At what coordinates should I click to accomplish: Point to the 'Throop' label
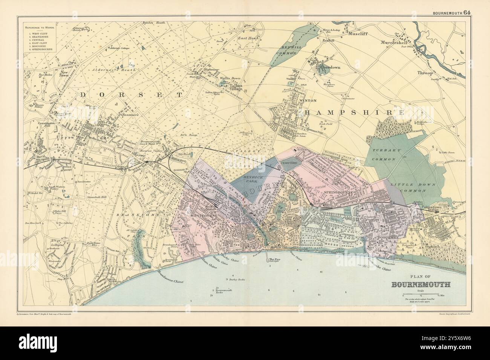(x=424, y=73)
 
